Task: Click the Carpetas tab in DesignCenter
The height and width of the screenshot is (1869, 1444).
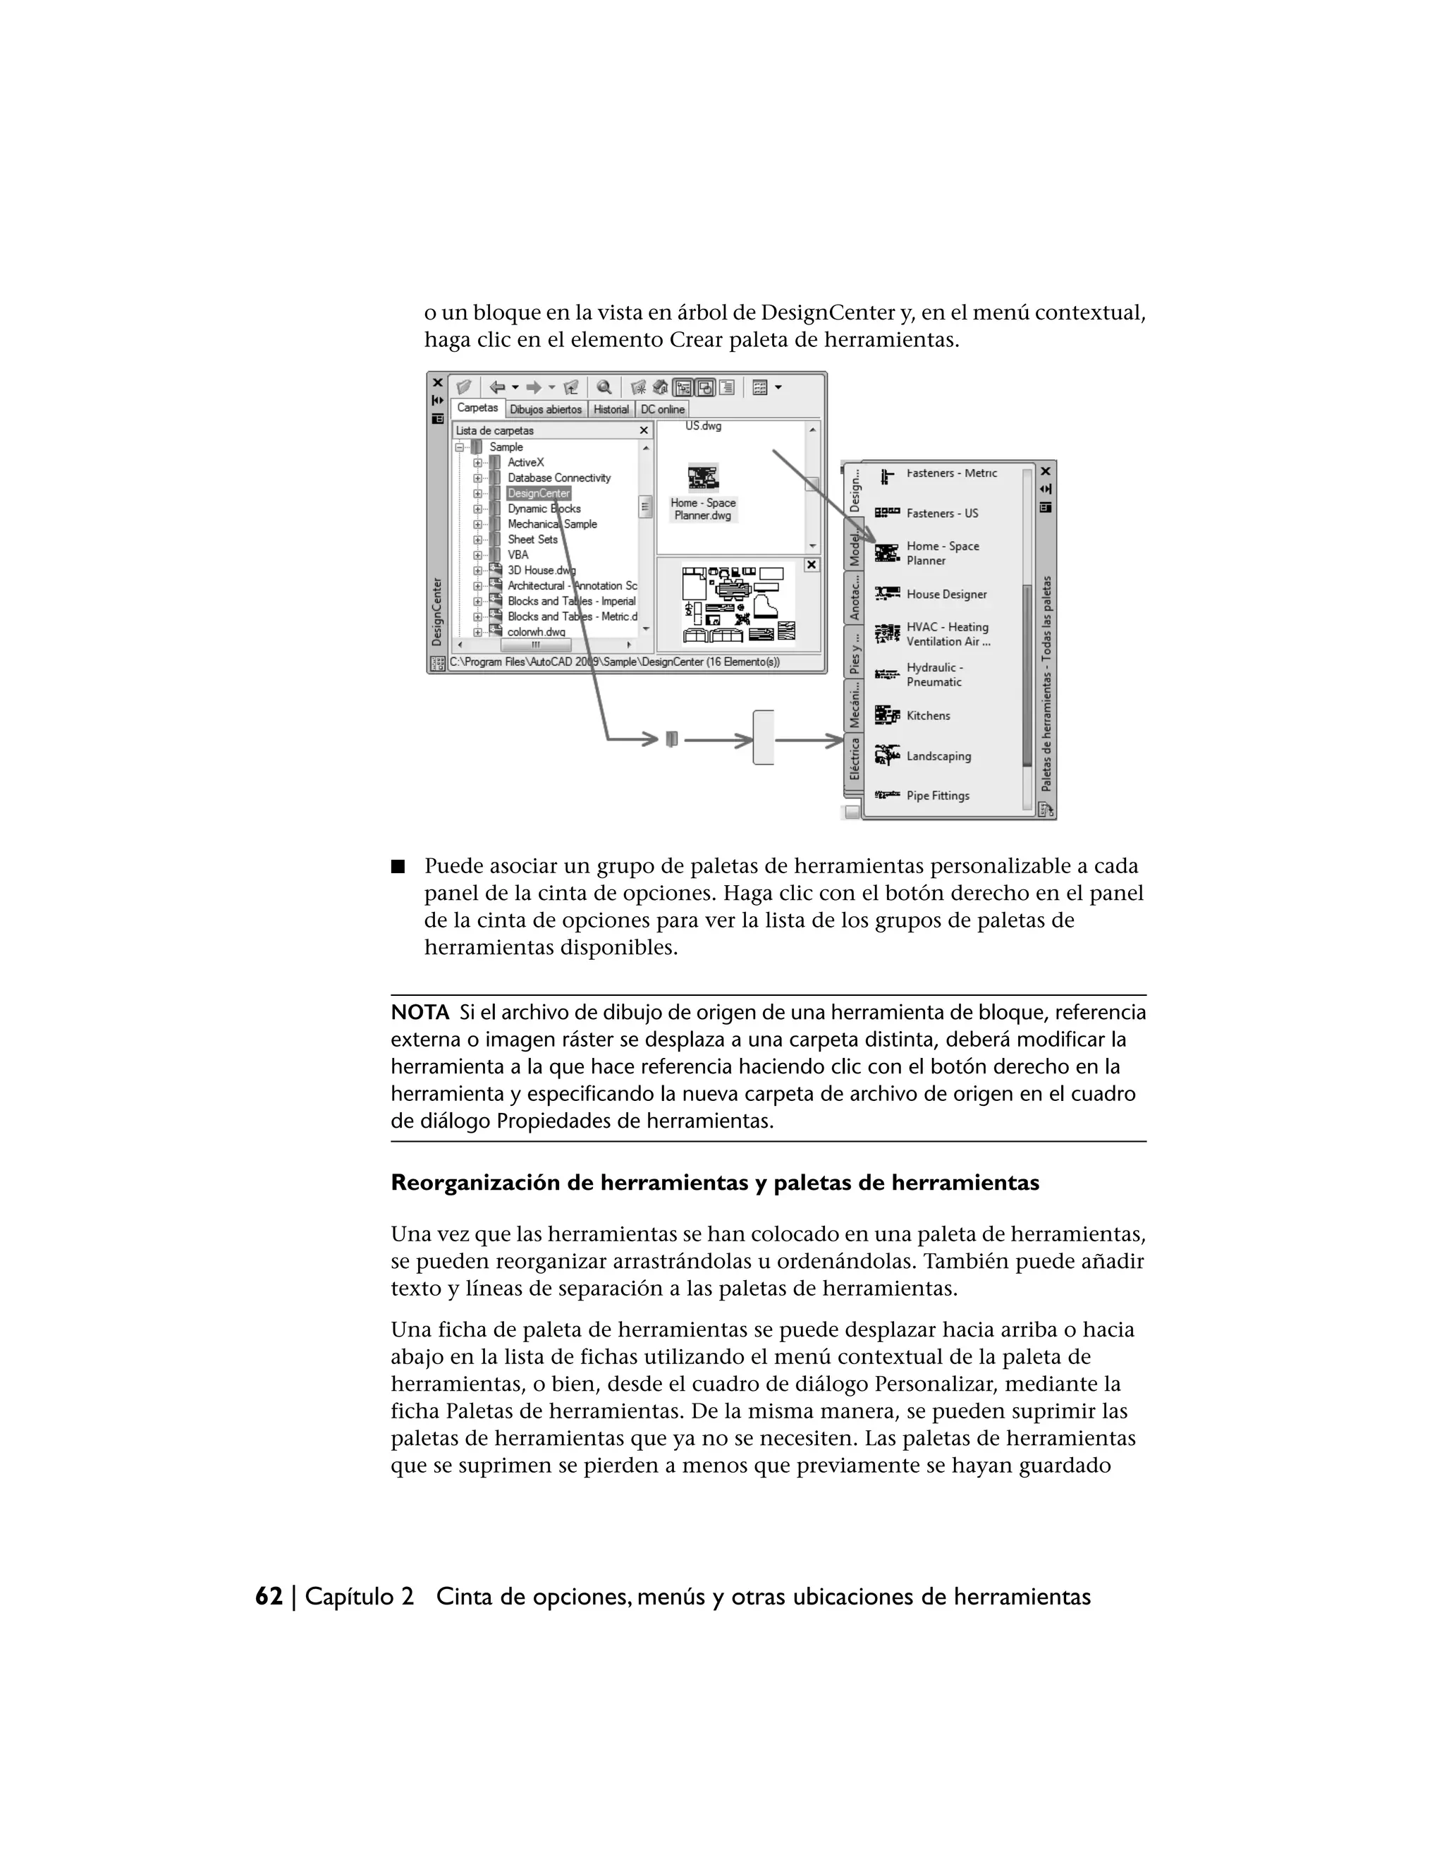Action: pos(477,408)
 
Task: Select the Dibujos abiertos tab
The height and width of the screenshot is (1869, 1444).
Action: pos(546,410)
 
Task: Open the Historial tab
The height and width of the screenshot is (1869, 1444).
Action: pos(611,410)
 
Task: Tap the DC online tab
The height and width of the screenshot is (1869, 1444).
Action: pos(663,410)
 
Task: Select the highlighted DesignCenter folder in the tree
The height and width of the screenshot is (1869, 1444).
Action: pos(538,494)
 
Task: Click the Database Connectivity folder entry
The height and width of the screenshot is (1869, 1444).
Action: pos(558,478)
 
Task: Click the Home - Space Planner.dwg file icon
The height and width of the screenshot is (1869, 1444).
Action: pos(703,477)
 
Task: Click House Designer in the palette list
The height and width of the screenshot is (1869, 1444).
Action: pos(946,595)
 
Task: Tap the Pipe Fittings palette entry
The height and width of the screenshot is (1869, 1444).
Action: pos(938,796)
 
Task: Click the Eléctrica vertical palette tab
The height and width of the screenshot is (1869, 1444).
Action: pos(854,758)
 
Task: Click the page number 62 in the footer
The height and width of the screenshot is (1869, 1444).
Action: pos(269,1597)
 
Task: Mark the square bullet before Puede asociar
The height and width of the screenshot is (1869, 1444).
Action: pos(397,866)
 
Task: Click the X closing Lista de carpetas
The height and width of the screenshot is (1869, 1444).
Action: pos(644,430)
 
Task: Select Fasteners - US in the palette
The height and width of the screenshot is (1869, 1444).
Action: pos(942,513)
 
